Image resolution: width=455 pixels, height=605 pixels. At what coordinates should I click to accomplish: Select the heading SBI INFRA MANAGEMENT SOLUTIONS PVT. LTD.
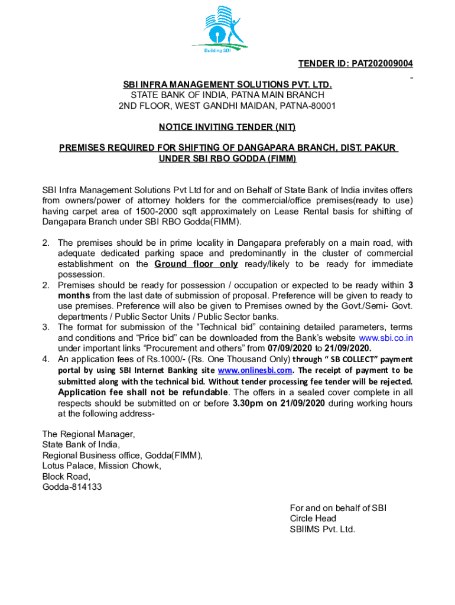tap(227, 85)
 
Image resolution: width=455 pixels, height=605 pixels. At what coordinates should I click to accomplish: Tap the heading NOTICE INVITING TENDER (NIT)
tap(227, 127)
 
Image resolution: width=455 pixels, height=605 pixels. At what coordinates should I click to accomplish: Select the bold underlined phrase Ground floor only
tap(196, 264)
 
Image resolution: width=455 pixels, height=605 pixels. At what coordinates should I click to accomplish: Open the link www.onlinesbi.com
tap(255, 370)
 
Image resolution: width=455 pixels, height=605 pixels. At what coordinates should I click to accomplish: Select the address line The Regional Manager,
tap(88, 434)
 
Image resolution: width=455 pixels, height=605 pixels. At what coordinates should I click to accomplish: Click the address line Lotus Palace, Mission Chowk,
tap(101, 466)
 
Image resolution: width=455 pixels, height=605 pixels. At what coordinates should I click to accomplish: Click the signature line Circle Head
tap(313, 519)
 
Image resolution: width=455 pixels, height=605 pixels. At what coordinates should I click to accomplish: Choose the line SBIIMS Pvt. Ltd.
tap(322, 529)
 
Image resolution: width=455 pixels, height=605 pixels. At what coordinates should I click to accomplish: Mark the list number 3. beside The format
tap(46, 327)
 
